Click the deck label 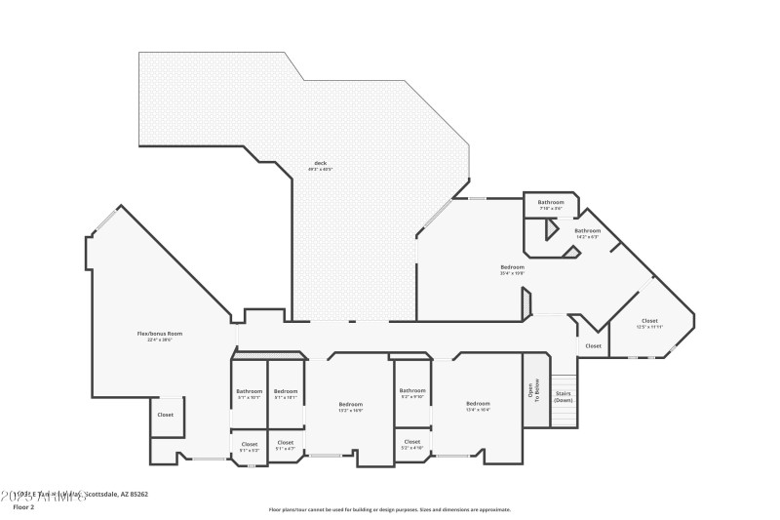(320, 163)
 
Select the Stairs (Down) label (564, 395)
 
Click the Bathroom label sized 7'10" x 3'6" (551, 202)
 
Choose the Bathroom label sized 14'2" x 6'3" (587, 231)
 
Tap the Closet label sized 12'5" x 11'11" (649, 321)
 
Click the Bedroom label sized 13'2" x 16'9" (351, 404)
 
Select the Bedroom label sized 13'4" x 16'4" (478, 404)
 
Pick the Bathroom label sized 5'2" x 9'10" (412, 390)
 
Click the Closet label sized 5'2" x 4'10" (412, 442)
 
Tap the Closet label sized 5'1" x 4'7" (285, 443)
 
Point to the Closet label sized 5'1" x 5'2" (249, 444)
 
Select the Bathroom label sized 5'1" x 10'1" (249, 391)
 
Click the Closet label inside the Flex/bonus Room (166, 415)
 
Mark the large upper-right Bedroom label (513, 267)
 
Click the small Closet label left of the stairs (594, 345)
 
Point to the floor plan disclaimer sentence (389, 509)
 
